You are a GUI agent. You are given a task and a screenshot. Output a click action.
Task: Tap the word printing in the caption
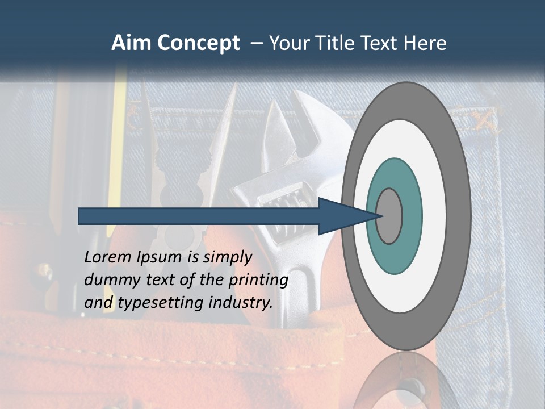(258, 281)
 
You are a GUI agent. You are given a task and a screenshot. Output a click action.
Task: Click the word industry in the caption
(240, 303)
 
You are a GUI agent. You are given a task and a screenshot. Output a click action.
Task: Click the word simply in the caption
(227, 257)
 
